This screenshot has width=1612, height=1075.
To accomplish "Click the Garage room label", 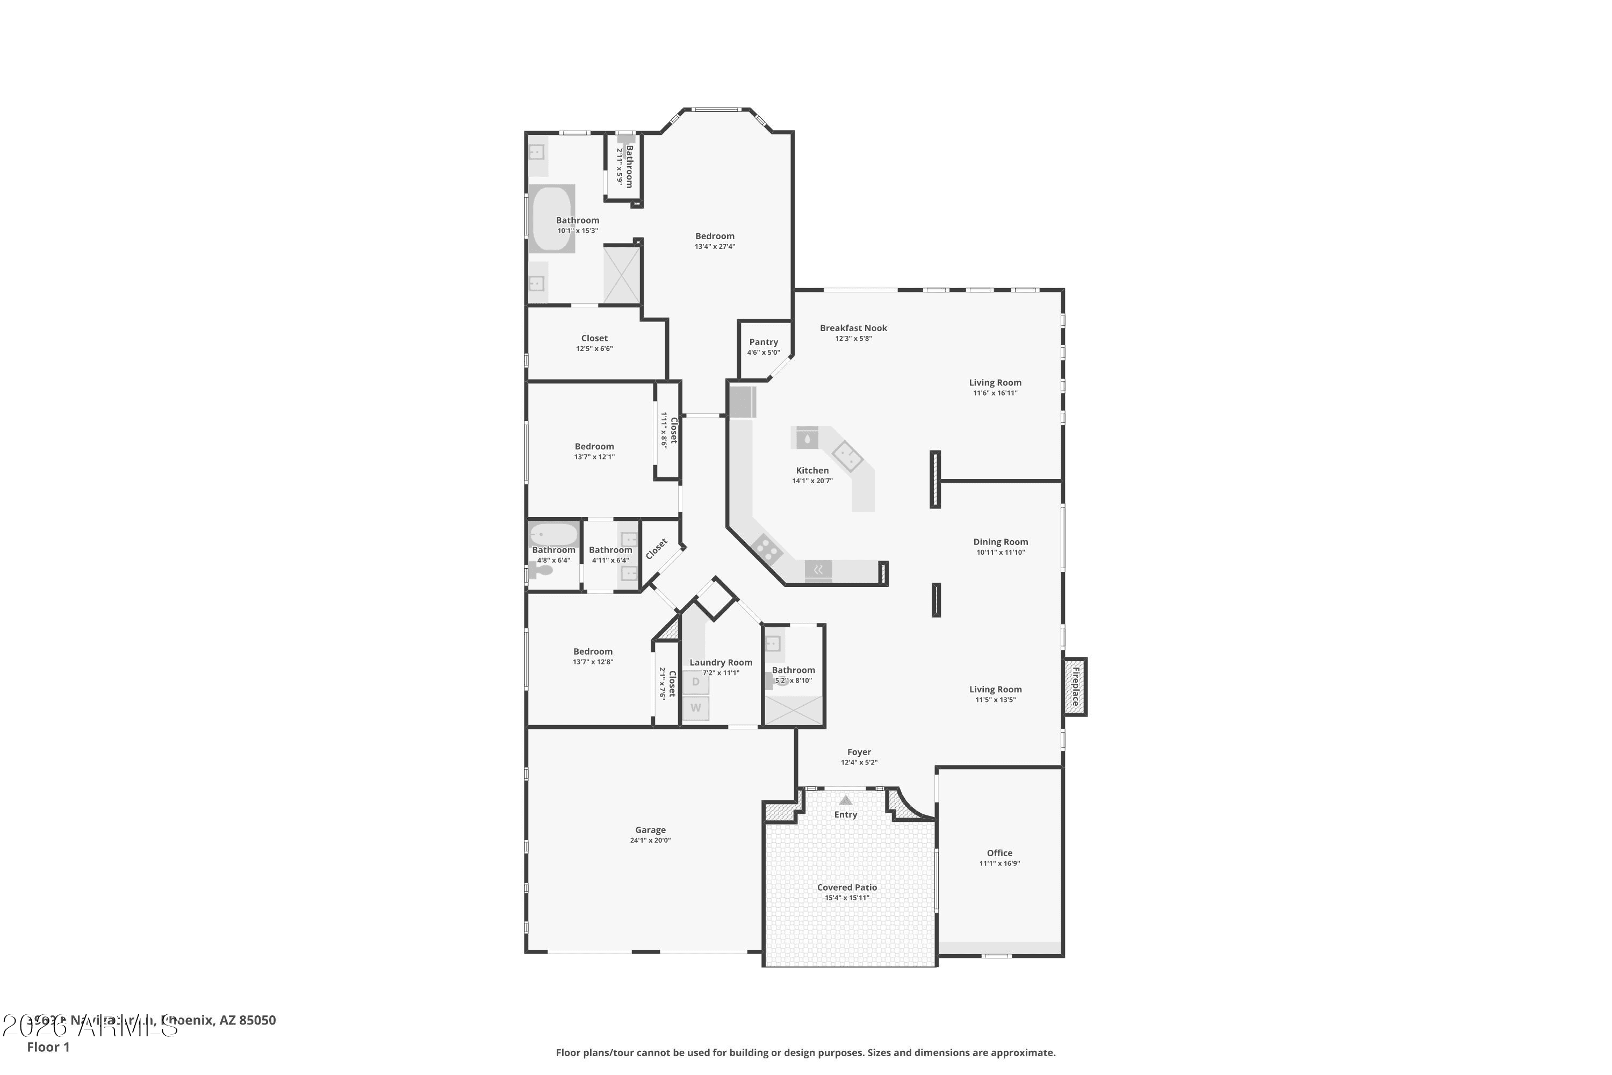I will point(650,829).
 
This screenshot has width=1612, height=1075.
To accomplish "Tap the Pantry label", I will point(763,342).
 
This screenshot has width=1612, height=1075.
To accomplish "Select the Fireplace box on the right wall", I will point(1075,686).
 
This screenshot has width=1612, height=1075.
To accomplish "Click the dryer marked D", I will point(696,682).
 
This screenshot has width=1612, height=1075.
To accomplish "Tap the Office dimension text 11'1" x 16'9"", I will point(999,864).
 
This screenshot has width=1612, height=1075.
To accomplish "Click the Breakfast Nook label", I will point(853,328).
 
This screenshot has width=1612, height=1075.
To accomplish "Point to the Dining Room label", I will point(1000,542).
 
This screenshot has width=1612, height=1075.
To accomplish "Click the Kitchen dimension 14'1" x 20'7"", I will point(812,481).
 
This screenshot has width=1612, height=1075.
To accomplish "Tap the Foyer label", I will point(859,752).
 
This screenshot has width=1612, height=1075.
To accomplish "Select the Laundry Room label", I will point(721,662).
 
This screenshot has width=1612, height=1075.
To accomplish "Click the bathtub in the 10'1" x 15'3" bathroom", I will point(552,218).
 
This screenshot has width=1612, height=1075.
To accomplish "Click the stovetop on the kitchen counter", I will point(766,548).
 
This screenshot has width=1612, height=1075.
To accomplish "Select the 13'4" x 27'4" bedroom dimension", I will point(714,247).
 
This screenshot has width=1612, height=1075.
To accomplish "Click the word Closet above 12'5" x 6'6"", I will point(594,338).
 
